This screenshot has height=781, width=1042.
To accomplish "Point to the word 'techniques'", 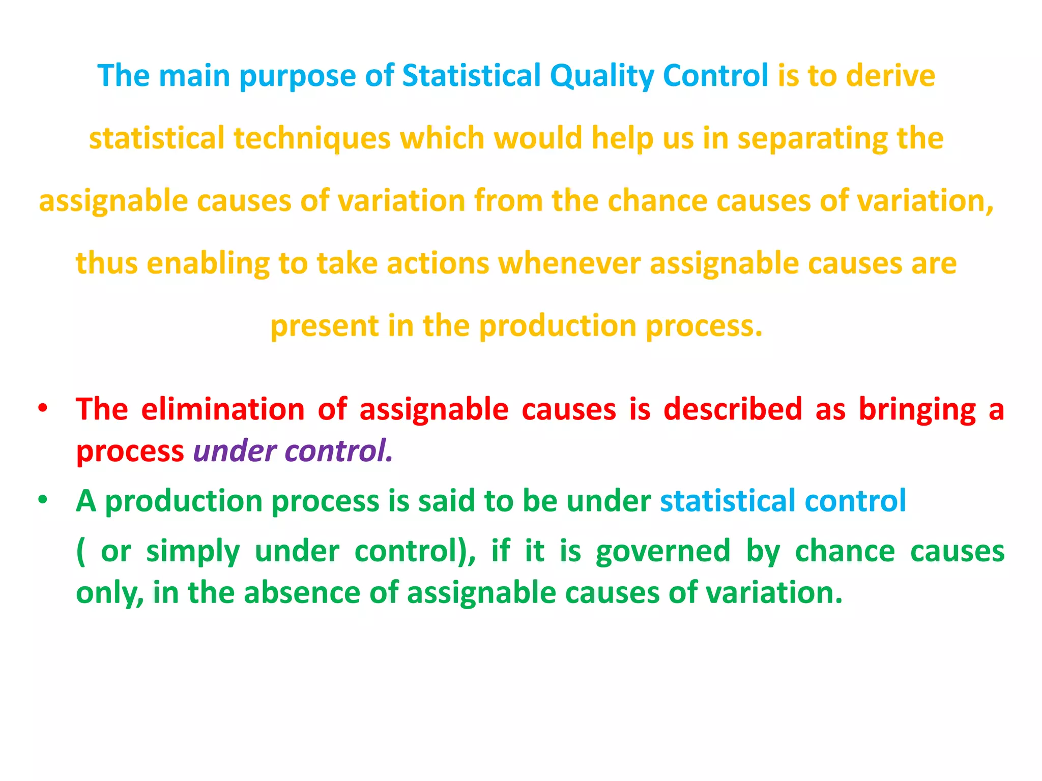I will (312, 138).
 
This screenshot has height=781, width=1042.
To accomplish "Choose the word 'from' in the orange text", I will (508, 200).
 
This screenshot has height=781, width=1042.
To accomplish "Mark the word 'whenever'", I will (569, 263).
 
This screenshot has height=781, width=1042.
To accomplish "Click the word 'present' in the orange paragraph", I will (324, 326).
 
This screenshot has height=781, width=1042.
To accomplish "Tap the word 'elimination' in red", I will (222, 409).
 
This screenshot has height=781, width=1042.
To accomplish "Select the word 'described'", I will (733, 409).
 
